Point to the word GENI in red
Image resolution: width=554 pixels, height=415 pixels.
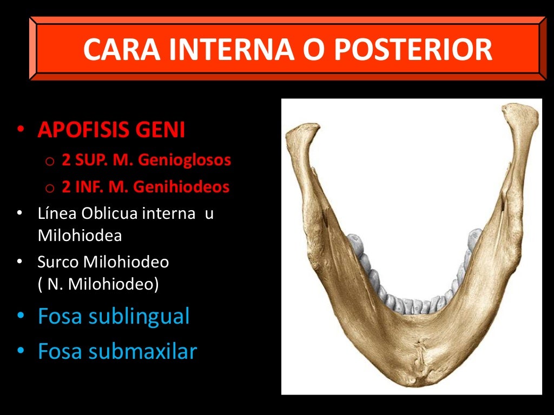pyautogui.click(x=164, y=130)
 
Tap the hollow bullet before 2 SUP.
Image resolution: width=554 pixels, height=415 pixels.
pyautogui.click(x=50, y=161)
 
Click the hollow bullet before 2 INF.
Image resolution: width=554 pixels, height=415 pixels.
pyautogui.click(x=50, y=188)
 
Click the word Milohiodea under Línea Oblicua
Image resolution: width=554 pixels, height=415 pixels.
pyautogui.click(x=80, y=235)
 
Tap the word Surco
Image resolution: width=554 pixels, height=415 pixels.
pyautogui.click(x=58, y=262)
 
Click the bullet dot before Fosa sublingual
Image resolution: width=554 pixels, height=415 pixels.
pyautogui.click(x=21, y=317)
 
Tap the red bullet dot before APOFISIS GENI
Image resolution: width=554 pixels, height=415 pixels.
pyautogui.click(x=21, y=130)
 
